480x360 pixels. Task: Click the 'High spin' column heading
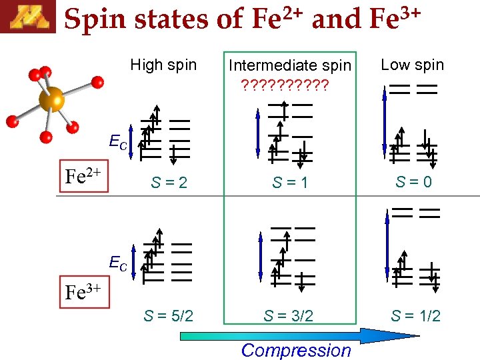tap(163, 65)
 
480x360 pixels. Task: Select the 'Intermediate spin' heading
tap(289, 65)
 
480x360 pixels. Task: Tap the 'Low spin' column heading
tap(412, 65)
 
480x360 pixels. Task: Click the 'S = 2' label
tap(169, 182)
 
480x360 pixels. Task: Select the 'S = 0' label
tap(413, 181)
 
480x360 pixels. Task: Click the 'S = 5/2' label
tap(169, 315)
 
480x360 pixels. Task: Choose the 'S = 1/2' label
tap(415, 315)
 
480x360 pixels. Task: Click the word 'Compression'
tap(295, 350)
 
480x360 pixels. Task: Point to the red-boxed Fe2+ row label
tap(82, 177)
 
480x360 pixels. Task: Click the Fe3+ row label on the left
tap(82, 292)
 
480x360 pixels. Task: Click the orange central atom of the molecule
tap(51, 100)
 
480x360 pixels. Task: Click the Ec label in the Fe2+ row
tap(118, 141)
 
